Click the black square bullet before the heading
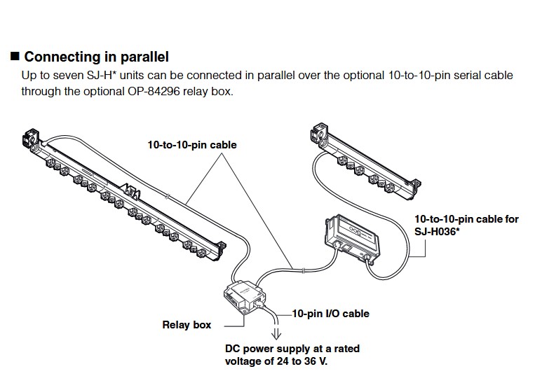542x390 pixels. point(15,56)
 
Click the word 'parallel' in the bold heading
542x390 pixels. point(144,57)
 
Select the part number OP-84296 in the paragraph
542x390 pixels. point(154,91)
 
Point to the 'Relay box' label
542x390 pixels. point(187,325)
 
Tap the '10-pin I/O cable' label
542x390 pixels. point(331,314)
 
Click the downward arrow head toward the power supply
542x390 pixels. point(276,335)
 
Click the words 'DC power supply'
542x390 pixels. point(267,349)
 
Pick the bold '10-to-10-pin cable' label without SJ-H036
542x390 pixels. point(192,145)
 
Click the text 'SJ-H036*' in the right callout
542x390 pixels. point(437,231)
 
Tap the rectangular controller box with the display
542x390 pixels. point(352,237)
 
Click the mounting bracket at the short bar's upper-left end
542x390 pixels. point(320,132)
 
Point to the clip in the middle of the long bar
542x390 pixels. point(132,191)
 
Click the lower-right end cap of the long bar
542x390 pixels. point(220,249)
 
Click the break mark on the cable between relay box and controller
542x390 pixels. point(303,271)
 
